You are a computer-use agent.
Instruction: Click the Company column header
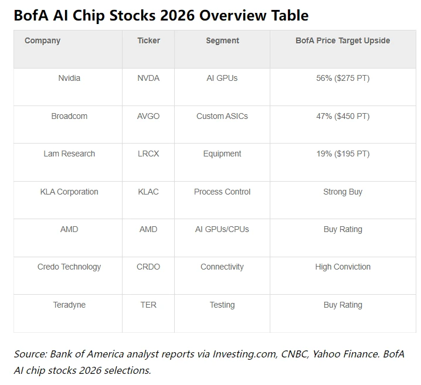(x=42, y=41)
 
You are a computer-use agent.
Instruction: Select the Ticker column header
(x=148, y=41)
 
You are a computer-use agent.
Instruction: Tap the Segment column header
(x=222, y=41)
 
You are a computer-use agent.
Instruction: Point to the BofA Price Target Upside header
(x=342, y=41)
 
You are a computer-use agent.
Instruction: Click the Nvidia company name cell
(x=69, y=79)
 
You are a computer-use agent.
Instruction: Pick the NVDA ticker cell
(x=148, y=79)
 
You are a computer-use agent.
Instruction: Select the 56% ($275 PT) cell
(x=342, y=79)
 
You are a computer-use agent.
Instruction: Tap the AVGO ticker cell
(x=148, y=116)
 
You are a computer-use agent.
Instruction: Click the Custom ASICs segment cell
(x=222, y=116)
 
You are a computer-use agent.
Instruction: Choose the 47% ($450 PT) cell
(x=342, y=116)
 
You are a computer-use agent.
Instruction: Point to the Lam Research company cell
(x=69, y=154)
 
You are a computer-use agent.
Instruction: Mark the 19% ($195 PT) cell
(x=342, y=154)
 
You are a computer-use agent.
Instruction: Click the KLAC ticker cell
(x=148, y=192)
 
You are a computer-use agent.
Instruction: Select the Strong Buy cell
(x=342, y=192)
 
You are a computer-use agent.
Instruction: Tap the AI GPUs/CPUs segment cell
(x=222, y=229)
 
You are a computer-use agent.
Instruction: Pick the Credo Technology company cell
(x=69, y=267)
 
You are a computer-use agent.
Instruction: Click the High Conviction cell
(x=342, y=267)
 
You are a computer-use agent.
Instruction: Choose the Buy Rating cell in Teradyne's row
(x=342, y=305)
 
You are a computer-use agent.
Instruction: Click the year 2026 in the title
(x=175, y=15)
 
